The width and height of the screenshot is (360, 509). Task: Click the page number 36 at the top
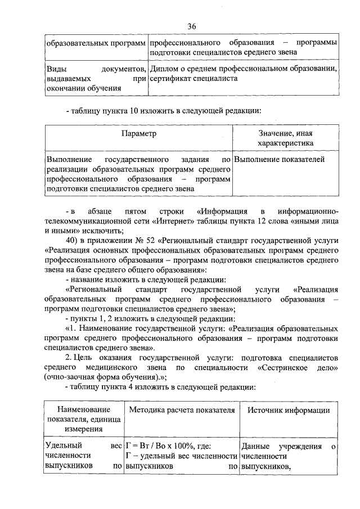click(x=191, y=27)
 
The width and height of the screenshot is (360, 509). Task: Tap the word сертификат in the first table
click(x=172, y=79)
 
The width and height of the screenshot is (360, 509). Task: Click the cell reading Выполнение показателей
click(x=279, y=160)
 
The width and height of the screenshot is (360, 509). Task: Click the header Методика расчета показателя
click(x=181, y=410)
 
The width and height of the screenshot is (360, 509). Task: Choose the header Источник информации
click(x=289, y=410)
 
